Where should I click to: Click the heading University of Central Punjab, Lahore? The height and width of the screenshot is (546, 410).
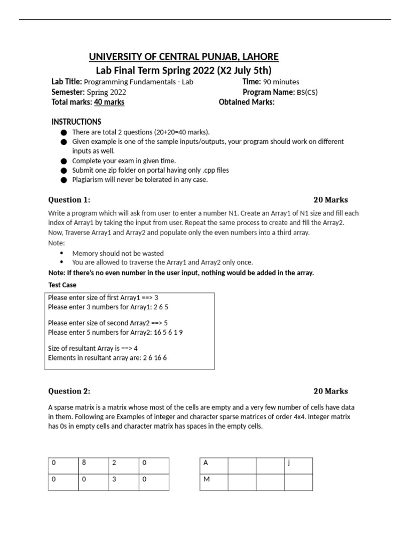[x=183, y=57]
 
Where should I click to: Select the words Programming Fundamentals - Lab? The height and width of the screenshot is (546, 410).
[x=139, y=82]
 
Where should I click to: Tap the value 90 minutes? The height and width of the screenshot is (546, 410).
[x=281, y=82]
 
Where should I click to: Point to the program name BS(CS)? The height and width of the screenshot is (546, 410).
[x=307, y=92]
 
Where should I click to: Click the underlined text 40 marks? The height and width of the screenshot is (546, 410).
[x=109, y=102]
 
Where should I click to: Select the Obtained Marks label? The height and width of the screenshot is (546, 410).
[x=247, y=102]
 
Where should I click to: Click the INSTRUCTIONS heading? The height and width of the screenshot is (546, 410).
[x=76, y=122]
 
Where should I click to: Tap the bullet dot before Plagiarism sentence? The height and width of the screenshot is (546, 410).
[x=64, y=180]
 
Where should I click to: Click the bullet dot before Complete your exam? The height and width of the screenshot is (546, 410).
[x=64, y=161]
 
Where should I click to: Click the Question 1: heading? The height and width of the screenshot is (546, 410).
[x=69, y=200]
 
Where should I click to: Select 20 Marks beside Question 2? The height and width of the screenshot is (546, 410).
[x=330, y=391]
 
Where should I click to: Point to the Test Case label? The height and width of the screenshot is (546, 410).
[x=62, y=285]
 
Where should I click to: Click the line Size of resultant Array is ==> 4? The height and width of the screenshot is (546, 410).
[x=93, y=348]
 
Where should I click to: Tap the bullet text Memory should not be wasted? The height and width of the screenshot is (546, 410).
[x=118, y=253]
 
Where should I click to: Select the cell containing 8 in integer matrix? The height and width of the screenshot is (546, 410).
[x=93, y=465]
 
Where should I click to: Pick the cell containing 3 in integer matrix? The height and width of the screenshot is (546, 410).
[x=123, y=482]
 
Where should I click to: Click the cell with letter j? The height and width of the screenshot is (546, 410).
[x=298, y=465]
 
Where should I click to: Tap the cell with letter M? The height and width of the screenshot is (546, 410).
[x=214, y=482]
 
